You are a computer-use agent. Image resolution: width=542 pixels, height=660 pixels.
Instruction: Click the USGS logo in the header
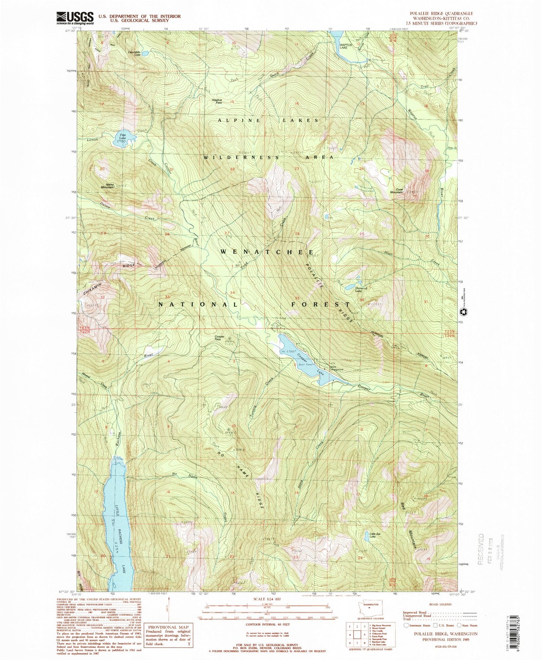tap(75, 18)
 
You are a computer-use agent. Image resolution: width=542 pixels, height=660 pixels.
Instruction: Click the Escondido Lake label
tap(134, 53)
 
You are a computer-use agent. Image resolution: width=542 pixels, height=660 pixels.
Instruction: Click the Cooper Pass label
tap(219, 337)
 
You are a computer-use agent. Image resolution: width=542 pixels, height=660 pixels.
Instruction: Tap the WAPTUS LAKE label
tap(344, 46)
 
